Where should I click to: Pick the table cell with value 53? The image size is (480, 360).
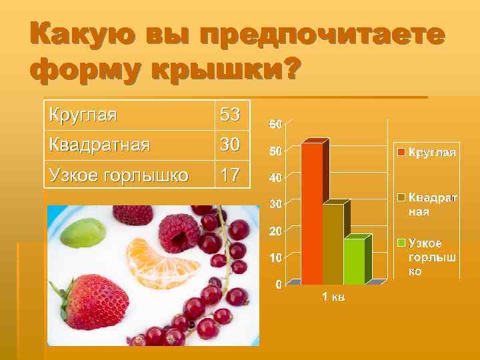[x=231, y=115]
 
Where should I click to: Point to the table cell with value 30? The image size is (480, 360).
[x=231, y=144]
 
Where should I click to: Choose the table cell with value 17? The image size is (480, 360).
[x=231, y=175]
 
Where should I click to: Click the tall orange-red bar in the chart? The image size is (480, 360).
[x=311, y=213]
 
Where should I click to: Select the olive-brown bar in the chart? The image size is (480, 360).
[x=333, y=243]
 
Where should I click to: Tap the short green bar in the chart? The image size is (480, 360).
[x=354, y=261]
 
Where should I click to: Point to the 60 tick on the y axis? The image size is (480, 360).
[x=275, y=124]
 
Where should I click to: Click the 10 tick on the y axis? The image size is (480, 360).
[x=275, y=257]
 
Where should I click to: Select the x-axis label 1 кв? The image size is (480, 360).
[x=333, y=296]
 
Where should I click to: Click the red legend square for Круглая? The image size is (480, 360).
[x=402, y=153]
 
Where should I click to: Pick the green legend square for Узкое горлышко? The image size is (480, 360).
[x=402, y=242]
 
